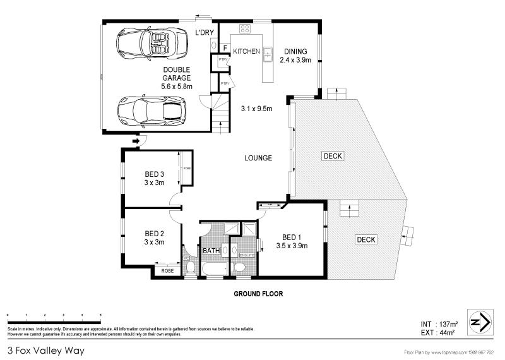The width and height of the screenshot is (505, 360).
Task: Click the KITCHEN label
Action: click(246, 51)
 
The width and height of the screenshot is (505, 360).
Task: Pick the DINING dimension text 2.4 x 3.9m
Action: click(295, 60)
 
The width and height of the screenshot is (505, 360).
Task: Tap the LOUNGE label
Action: click(259, 158)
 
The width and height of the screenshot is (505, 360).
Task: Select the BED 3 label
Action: click(154, 175)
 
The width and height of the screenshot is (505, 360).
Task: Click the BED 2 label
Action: click(154, 232)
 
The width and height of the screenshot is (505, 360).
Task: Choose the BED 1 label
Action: click(291, 237)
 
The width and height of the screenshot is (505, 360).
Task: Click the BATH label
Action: click(211, 251)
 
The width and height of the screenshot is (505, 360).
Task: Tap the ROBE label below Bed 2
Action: click(167, 270)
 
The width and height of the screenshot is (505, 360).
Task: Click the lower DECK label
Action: click(366, 239)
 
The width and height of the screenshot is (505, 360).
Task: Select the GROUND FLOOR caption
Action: click(258, 294)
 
